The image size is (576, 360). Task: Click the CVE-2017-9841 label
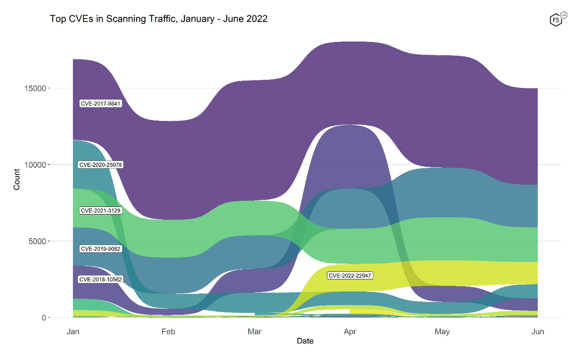point(100,104)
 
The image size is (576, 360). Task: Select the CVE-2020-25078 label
point(100,165)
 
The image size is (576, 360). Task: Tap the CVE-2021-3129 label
point(100,211)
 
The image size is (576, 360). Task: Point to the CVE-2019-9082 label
point(100,249)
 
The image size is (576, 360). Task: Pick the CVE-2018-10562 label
point(100,279)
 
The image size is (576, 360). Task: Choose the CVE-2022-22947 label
point(350,276)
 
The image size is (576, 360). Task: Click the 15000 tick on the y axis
point(35,88)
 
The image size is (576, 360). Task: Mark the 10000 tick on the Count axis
point(35,165)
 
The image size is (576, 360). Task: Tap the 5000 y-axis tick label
point(37,241)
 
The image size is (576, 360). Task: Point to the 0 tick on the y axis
point(44,318)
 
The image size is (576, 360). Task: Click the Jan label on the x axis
point(73,332)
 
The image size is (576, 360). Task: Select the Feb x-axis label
point(168,332)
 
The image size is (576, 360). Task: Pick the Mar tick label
point(254,332)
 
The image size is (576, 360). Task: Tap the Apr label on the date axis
point(350,332)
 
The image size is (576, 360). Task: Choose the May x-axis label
point(442,332)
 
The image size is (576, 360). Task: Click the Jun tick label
point(538,332)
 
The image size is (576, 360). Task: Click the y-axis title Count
point(17,179)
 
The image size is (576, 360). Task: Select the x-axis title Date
point(305,341)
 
